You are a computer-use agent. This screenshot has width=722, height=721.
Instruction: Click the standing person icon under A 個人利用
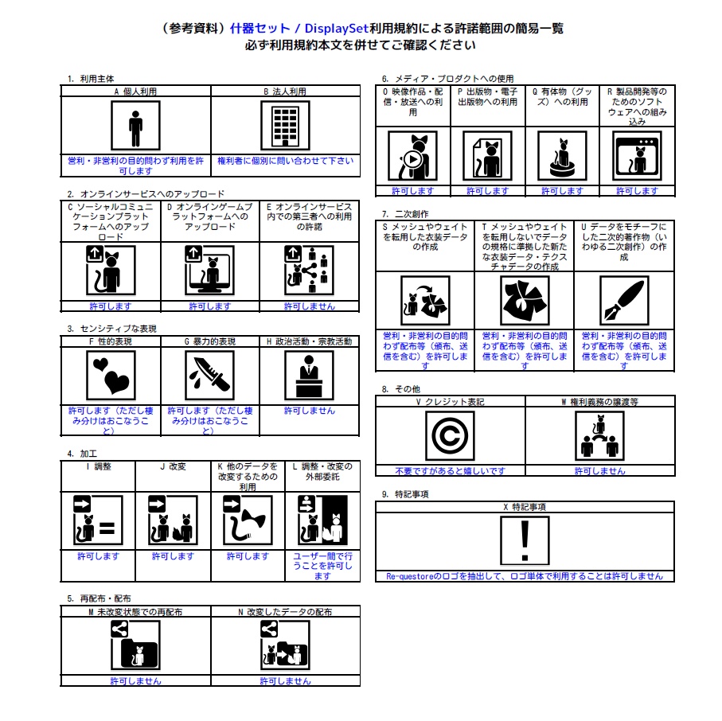pyautogui.click(x=135, y=126)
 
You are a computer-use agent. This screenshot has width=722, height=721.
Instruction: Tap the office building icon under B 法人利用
pyautogui.click(x=285, y=126)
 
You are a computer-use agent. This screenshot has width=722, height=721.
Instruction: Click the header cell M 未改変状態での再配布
pyautogui.click(x=135, y=612)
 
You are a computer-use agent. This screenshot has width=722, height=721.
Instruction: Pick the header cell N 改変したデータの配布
pyautogui.click(x=285, y=612)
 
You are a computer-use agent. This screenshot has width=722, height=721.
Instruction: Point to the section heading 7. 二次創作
pyautogui.click(x=405, y=213)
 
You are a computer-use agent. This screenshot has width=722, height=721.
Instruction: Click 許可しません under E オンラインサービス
pyautogui.click(x=309, y=306)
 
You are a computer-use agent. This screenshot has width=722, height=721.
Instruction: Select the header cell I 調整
pyautogui.click(x=98, y=466)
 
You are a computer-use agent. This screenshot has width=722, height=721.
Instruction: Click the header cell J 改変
pyautogui.click(x=173, y=466)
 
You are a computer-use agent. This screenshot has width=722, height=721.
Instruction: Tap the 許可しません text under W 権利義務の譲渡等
pyautogui.click(x=599, y=471)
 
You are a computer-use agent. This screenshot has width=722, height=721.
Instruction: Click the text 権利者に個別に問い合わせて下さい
pyautogui.click(x=285, y=161)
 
